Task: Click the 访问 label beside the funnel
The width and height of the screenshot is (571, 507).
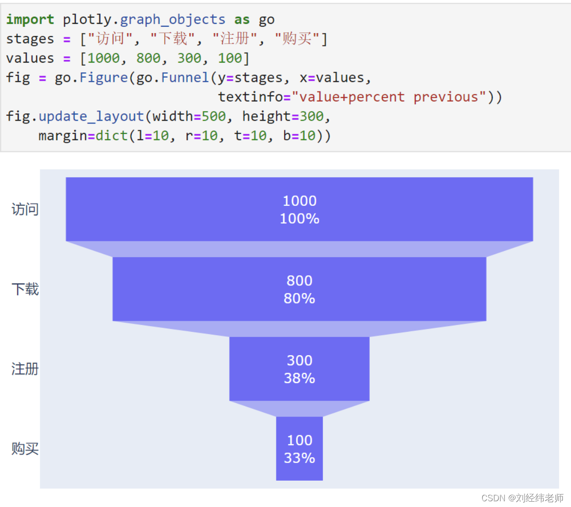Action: click(25, 209)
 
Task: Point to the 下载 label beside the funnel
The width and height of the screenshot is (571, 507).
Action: click(25, 289)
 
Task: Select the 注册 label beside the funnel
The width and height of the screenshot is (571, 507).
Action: click(25, 369)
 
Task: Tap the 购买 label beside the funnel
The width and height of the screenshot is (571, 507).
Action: click(25, 449)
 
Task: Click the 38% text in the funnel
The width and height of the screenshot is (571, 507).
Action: click(299, 378)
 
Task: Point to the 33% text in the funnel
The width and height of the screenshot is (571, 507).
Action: click(299, 458)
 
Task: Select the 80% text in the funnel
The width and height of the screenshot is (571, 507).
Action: click(299, 298)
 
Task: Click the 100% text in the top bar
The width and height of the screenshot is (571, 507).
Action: click(299, 219)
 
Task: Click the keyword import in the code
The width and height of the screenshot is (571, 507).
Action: click(30, 20)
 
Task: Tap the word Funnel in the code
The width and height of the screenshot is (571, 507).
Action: click(185, 78)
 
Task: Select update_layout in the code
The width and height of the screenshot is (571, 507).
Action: click(91, 116)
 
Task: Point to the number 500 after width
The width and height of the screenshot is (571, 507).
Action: click(214, 116)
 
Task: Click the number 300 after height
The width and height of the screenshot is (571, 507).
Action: click(311, 116)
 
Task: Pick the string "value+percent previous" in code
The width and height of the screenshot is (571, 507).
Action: click(388, 97)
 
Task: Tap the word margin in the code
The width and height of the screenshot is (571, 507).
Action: click(63, 136)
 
